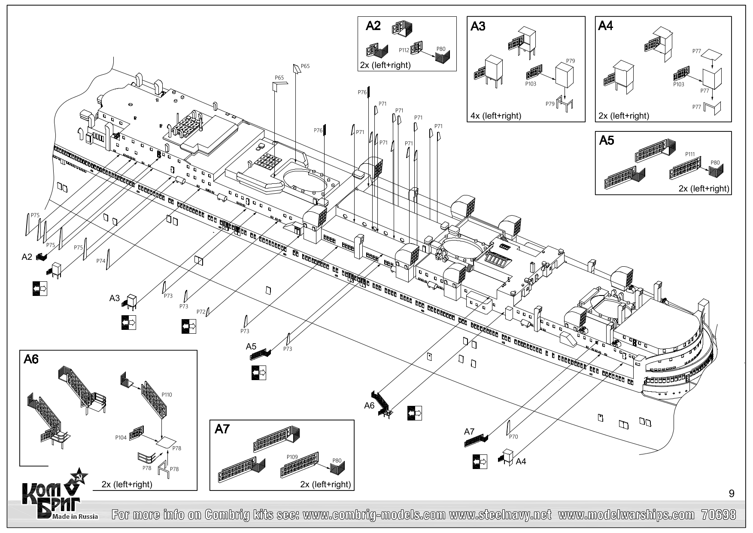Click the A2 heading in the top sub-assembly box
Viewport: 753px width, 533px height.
tap(373, 26)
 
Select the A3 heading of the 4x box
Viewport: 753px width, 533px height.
tap(478, 27)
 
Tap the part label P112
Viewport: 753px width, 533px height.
tap(404, 50)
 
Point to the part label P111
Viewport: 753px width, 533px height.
tap(690, 154)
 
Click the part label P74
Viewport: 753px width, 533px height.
tap(100, 261)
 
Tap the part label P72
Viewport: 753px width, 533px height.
tap(200, 311)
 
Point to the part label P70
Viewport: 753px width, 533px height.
tap(513, 437)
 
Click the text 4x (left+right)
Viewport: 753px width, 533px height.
tap(496, 116)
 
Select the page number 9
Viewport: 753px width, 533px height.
tap(732, 494)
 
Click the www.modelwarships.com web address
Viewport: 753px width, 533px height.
tap(626, 515)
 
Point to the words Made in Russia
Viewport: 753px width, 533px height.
tap(75, 516)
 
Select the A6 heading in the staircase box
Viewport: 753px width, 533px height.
tap(31, 359)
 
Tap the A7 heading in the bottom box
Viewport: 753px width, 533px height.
tap(222, 429)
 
